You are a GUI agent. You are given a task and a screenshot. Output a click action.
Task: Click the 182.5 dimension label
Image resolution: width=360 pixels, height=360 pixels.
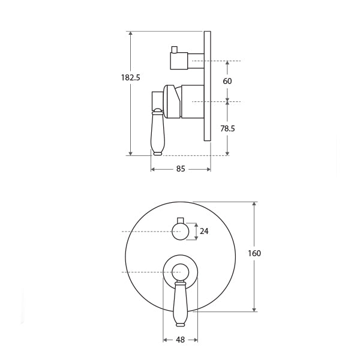point(130,77)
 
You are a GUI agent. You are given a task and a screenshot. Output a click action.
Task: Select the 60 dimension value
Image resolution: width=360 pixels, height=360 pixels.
point(227,81)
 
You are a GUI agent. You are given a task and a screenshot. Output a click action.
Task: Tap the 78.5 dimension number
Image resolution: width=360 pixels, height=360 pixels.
point(227,128)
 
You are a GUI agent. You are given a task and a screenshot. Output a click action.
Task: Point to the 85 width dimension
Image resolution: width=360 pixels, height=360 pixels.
point(181,169)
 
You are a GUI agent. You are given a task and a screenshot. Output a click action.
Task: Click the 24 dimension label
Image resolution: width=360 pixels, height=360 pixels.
point(204,231)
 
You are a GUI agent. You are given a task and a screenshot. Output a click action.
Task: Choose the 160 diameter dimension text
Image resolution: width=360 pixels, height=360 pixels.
point(254,253)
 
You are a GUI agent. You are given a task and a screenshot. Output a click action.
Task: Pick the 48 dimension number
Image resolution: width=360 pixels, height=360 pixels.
point(180,340)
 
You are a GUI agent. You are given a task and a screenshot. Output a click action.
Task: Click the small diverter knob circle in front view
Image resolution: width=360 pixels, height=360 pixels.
point(180,232)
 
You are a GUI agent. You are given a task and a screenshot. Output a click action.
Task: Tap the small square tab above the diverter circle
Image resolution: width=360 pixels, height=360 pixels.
point(181,220)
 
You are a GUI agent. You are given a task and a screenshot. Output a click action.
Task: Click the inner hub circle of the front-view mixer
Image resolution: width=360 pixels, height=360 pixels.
point(180,272)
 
